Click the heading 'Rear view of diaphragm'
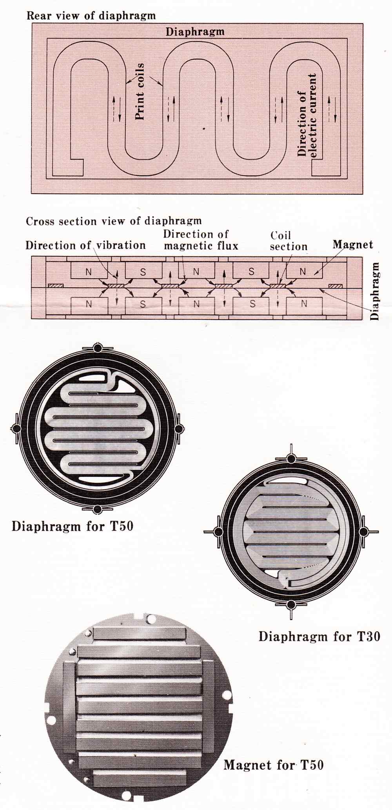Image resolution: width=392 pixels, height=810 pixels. [91, 16]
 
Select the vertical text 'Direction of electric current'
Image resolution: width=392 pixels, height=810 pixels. [307, 115]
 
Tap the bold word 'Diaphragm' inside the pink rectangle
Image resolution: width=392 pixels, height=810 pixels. [195, 32]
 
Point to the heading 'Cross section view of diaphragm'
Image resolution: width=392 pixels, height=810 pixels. [114, 221]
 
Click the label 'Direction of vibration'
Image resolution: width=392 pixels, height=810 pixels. [85, 245]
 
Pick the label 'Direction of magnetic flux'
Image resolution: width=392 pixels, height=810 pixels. [201, 240]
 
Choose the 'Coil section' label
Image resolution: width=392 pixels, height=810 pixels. [289, 241]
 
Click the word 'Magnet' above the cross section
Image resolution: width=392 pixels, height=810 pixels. [353, 245]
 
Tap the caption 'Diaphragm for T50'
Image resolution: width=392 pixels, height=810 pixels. [73, 526]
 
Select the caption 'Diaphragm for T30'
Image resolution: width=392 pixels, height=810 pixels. [319, 636]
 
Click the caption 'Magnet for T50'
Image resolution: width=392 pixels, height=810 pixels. [274, 765]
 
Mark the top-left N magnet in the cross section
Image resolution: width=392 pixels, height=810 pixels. [89, 271]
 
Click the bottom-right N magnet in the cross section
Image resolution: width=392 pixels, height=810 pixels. [304, 303]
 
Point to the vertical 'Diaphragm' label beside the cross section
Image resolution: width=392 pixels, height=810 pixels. [375, 291]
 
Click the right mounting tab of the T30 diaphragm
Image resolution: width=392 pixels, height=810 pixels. [364, 532]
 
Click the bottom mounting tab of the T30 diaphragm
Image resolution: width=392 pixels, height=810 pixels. [290, 605]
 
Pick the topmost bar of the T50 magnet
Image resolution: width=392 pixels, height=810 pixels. [139, 633]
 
